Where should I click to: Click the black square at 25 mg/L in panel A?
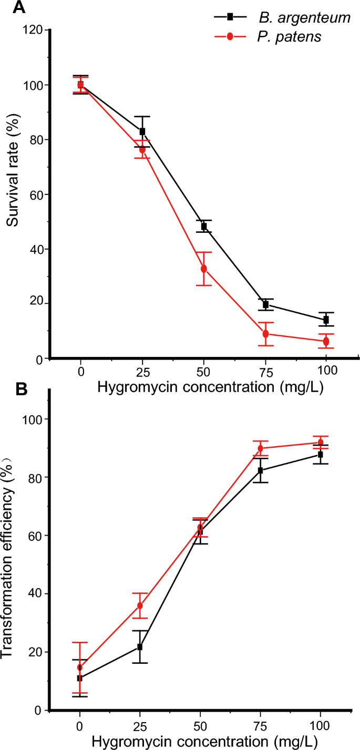pos(142,131)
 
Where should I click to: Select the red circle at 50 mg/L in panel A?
pos(204,269)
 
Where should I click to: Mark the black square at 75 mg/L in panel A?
pos(265,304)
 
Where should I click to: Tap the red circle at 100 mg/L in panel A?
pos(326,342)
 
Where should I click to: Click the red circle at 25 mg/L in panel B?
pos(140,605)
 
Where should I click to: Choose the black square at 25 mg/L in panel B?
pos(140,646)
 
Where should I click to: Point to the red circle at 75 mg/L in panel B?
pos(261,448)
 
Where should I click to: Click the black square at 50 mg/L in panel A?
pos(204,227)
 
